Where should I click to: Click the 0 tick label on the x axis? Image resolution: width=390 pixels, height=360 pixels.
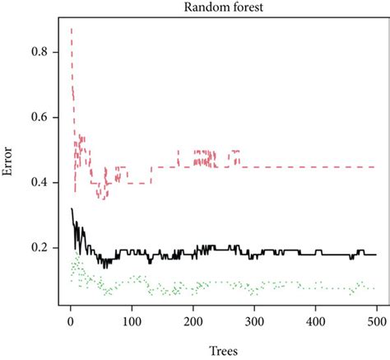point(70,320)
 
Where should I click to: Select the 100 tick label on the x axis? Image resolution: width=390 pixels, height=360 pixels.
point(132,320)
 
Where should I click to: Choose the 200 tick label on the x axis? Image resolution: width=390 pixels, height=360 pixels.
point(193,320)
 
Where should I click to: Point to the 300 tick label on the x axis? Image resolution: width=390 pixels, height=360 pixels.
point(254,320)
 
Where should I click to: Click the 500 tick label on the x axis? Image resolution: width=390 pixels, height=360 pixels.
point(376,320)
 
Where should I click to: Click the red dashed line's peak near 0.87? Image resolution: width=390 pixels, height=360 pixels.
point(71,29)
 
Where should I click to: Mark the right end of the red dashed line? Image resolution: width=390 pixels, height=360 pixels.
point(375,166)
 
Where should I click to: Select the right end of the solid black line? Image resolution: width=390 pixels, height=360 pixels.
point(375,255)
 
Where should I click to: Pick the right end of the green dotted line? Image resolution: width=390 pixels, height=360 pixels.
point(375,288)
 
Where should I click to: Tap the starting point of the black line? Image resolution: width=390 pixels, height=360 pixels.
point(71,208)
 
